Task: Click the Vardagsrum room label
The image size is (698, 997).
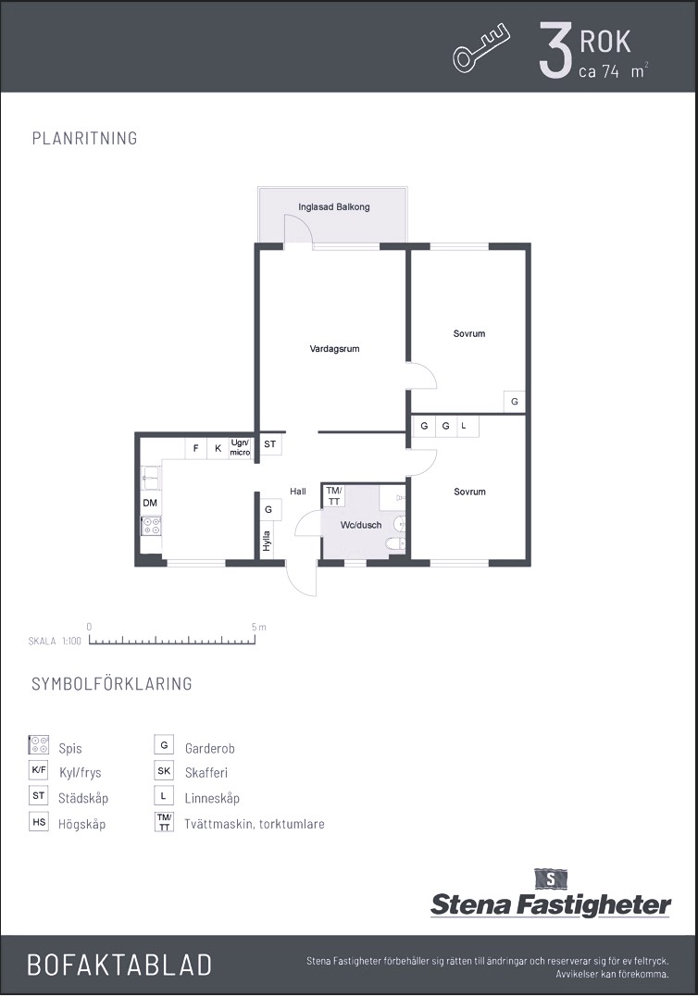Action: click(x=334, y=348)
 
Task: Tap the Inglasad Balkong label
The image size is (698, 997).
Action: click(x=334, y=206)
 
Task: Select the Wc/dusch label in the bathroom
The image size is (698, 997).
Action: click(x=361, y=525)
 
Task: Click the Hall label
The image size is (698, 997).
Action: click(x=297, y=491)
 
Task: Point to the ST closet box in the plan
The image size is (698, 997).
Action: click(x=270, y=443)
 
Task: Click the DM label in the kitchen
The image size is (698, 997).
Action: click(x=150, y=503)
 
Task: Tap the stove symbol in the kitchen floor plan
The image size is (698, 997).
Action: click(x=151, y=526)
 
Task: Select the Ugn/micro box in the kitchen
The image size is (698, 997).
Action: click(x=241, y=448)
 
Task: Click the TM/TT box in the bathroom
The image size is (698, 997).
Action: click(x=334, y=496)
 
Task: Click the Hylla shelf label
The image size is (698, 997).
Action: click(x=267, y=542)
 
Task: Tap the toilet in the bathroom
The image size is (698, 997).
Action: click(x=396, y=543)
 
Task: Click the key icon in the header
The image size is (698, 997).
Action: click(x=481, y=48)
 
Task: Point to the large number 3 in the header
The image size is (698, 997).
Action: click(x=555, y=50)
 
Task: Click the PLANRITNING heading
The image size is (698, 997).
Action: click(x=84, y=138)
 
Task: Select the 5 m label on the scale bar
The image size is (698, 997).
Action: click(x=258, y=627)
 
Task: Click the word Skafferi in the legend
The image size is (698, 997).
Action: click(x=206, y=773)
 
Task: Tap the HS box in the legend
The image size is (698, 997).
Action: click(x=39, y=822)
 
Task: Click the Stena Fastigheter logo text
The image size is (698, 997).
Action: click(x=551, y=904)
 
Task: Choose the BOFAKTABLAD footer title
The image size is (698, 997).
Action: click(x=119, y=965)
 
